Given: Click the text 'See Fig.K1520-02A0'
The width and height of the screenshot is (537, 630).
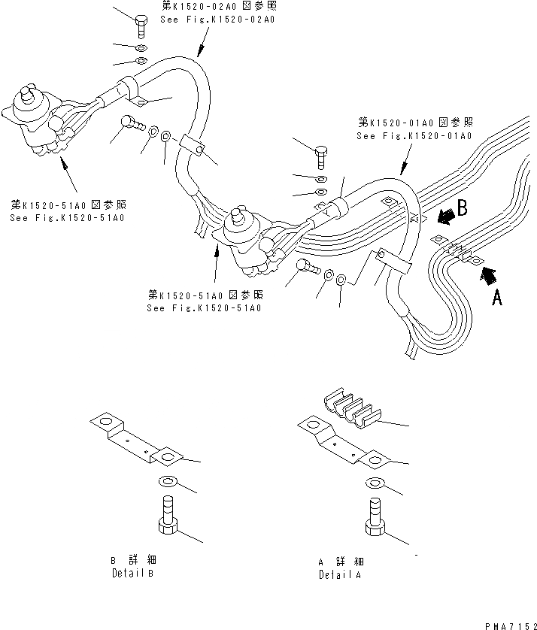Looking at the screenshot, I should (x=217, y=20).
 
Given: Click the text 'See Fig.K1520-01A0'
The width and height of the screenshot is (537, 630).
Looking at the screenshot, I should (x=414, y=136).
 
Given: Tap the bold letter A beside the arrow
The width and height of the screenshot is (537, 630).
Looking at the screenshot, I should (x=496, y=298).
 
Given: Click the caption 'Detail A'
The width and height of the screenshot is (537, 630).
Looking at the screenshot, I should (x=340, y=574).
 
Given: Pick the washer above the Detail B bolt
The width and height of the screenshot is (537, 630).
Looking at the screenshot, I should (x=168, y=481).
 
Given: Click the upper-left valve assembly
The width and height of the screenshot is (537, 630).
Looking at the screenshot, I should (x=41, y=120).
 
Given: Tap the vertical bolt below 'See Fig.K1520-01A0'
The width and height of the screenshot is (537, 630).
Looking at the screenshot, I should (x=321, y=156).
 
